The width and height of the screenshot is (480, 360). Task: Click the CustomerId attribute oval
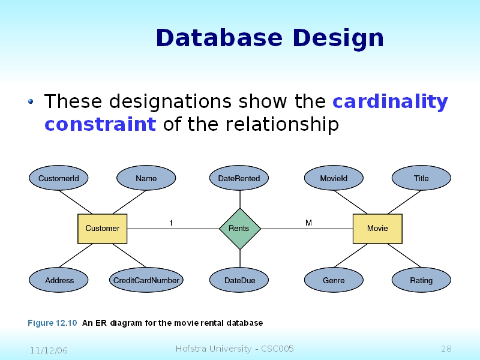pyautogui.click(x=59, y=178)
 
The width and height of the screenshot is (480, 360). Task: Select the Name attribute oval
pyautogui.click(x=146, y=178)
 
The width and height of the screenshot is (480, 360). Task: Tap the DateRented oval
pyautogui.click(x=239, y=178)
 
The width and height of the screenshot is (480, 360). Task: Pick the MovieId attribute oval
pyautogui.click(x=334, y=178)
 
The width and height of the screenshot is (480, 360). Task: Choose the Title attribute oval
pyautogui.click(x=421, y=178)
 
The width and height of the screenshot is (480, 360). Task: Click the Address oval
pyautogui.click(x=59, y=280)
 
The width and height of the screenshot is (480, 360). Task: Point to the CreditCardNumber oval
pyautogui.click(x=146, y=280)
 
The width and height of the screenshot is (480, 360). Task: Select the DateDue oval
pyautogui.click(x=239, y=280)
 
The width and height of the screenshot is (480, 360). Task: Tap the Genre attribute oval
pyautogui.click(x=334, y=280)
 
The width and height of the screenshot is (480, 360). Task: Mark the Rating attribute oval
pyautogui.click(x=421, y=280)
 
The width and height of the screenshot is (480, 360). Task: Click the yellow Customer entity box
pyautogui.click(x=102, y=229)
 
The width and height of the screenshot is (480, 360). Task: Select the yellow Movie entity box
pyautogui.click(x=377, y=229)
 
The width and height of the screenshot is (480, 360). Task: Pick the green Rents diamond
pyautogui.click(x=239, y=229)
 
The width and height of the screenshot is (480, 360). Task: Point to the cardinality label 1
pyautogui.click(x=171, y=223)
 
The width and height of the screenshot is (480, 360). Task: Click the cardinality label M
pyautogui.click(x=308, y=223)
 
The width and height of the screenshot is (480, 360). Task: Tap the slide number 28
pyautogui.click(x=446, y=349)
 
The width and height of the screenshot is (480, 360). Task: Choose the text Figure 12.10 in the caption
pyautogui.click(x=52, y=323)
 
